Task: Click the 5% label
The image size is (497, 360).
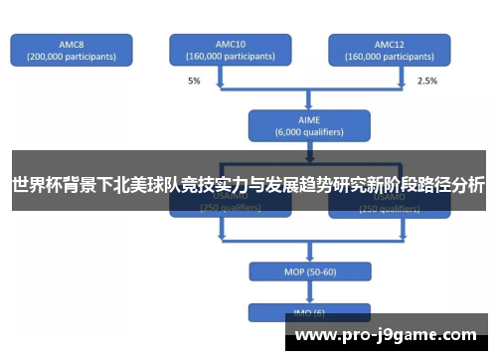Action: tap(194, 80)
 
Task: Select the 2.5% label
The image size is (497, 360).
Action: tap(426, 80)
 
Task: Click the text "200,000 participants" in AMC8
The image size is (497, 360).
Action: tap(71, 57)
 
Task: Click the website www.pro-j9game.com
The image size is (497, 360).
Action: tap(387, 335)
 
